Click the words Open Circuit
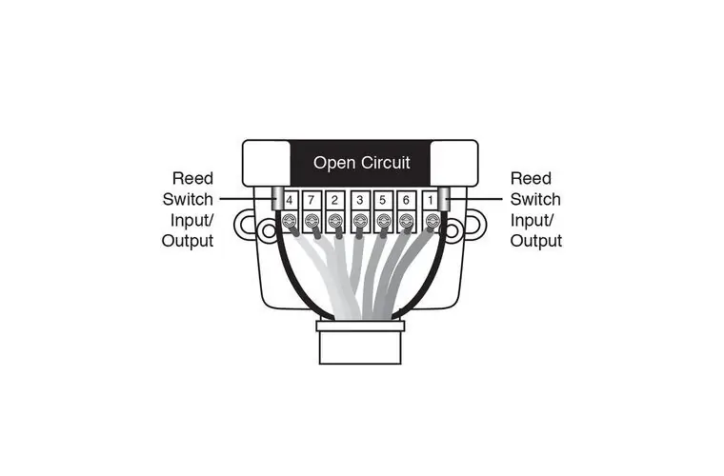[362, 163]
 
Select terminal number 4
[289, 201]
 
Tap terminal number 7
[312, 201]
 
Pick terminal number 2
[335, 201]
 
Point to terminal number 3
[359, 201]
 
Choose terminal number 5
[383, 201]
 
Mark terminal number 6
[407, 201]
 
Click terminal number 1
[431, 201]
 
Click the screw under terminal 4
[289, 222]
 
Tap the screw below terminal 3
[359, 222]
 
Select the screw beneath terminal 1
[431, 222]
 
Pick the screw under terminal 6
[407, 222]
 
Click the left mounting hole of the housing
[248, 227]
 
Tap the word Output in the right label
[536, 242]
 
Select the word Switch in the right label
[535, 199]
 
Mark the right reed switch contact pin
[445, 201]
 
